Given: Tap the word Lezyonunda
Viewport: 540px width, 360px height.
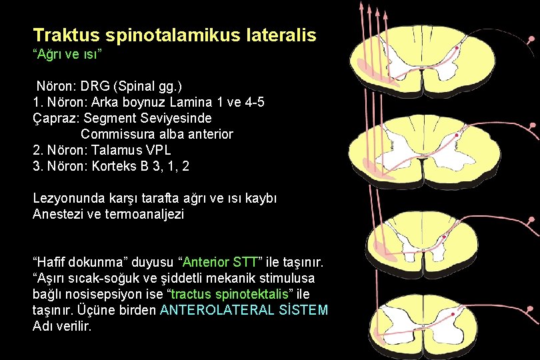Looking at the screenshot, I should click(x=65, y=199).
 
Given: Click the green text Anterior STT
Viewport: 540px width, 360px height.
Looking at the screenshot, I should click(x=217, y=262).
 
